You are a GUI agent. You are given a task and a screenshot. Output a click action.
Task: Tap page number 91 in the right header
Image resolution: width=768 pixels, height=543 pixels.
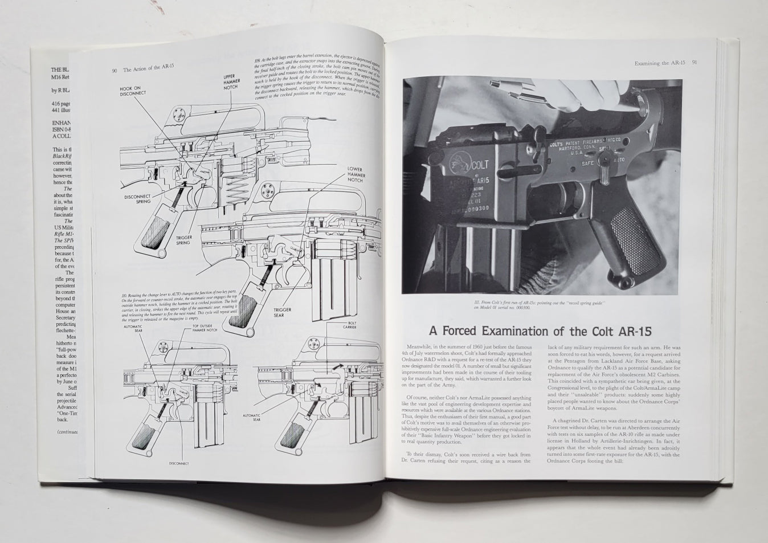point(695,63)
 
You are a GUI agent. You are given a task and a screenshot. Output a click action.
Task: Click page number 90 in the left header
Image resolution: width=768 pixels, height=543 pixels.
point(114,71)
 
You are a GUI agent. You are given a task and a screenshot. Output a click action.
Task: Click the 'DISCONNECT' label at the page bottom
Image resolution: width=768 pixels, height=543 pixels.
point(179,463)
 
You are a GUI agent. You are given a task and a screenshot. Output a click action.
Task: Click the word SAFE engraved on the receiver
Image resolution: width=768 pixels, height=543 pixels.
point(587,164)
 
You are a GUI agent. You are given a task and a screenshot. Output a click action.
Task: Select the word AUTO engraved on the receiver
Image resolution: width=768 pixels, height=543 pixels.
point(618,160)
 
